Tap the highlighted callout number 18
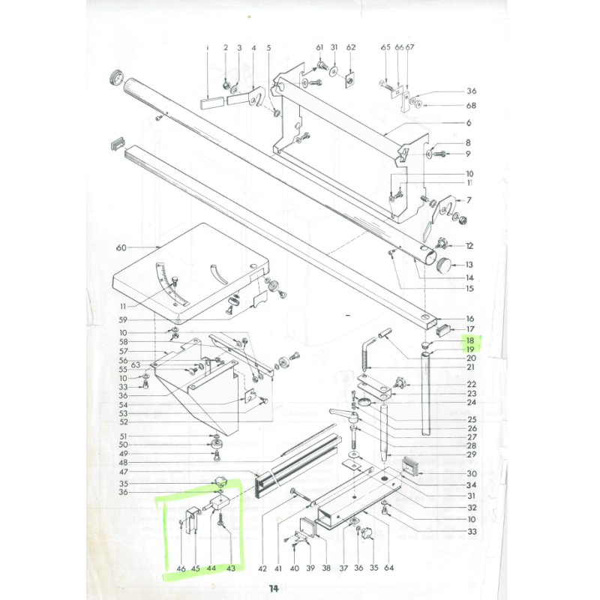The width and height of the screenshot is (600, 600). click(x=470, y=340)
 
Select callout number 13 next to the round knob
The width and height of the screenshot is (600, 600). click(x=469, y=264)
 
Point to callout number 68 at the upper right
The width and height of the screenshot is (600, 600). click(x=471, y=106)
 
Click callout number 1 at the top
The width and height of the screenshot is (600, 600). click(x=208, y=48)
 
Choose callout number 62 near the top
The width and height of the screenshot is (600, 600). click(x=350, y=48)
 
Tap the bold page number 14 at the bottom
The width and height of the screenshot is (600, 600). click(x=274, y=589)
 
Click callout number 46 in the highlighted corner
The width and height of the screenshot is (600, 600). click(x=181, y=568)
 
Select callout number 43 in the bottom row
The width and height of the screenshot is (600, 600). click(x=231, y=568)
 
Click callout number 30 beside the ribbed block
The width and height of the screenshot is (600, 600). click(x=471, y=473)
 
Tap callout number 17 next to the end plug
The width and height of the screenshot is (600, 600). click(x=470, y=329)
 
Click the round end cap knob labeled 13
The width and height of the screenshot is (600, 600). click(x=447, y=265)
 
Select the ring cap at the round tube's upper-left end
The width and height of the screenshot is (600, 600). click(x=117, y=77)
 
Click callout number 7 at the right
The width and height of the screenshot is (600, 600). click(x=469, y=200)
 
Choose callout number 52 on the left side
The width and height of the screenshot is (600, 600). click(x=124, y=421)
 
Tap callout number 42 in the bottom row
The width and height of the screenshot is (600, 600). click(x=262, y=568)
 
